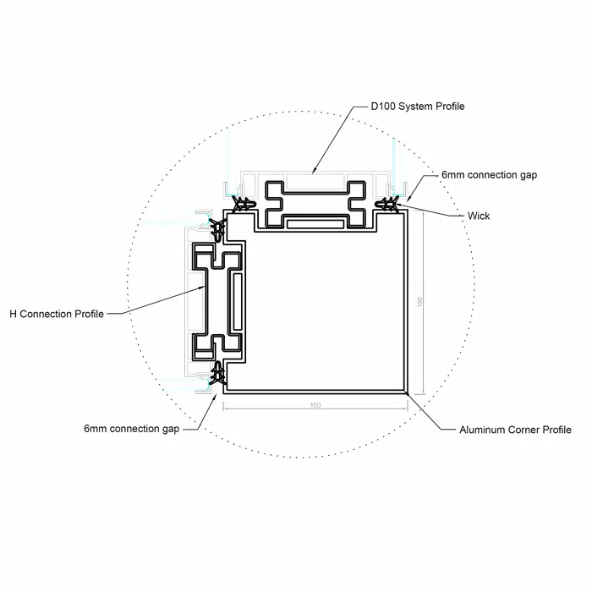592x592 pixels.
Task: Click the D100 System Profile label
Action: [418, 107]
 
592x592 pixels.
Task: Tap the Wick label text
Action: [479, 216]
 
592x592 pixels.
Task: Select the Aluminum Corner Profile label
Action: [515, 430]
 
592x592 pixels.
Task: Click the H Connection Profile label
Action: [57, 314]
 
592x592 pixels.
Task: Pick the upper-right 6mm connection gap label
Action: [490, 175]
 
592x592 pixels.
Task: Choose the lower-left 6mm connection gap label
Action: [131, 429]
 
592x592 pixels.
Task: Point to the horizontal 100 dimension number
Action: [315, 405]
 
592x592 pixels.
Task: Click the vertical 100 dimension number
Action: [419, 302]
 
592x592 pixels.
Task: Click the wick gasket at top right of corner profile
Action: [386, 205]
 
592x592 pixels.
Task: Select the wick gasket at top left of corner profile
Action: [244, 205]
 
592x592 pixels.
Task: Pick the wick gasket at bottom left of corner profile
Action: [218, 374]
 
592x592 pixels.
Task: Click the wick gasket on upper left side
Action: [218, 229]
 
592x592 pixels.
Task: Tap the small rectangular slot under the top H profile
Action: [315, 224]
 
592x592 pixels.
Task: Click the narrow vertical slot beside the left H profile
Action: [238, 301]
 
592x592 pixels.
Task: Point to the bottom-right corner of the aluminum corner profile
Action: [408, 393]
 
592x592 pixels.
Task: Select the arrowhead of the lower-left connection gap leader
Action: [217, 395]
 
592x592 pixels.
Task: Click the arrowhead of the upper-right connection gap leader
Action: [408, 199]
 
